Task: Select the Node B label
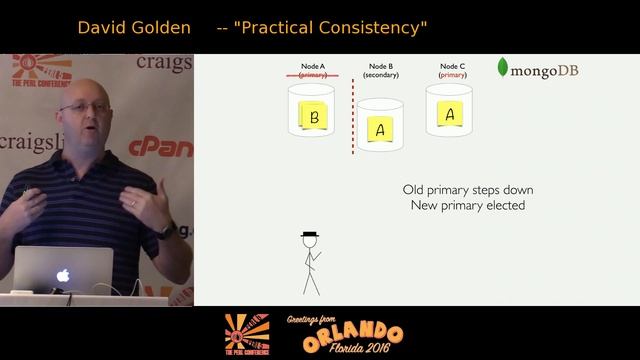tap(381, 66)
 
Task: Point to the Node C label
tap(452, 66)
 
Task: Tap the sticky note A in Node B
tap(380, 129)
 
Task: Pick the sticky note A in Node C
tap(450, 114)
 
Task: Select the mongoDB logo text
tap(545, 71)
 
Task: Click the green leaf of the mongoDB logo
tap(503, 69)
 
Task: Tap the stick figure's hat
tap(310, 233)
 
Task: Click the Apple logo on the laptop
tap(62, 274)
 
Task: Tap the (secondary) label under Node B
tap(381, 75)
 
